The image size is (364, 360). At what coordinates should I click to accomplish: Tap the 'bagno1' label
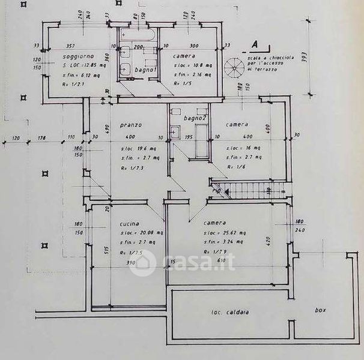(145, 71)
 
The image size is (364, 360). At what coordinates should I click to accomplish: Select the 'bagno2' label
(195, 118)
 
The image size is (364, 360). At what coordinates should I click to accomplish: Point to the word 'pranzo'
(130, 125)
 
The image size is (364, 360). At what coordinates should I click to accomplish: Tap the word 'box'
(321, 310)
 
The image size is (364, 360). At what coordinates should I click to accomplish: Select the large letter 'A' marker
(254, 44)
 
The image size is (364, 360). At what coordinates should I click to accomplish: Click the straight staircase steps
(249, 191)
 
